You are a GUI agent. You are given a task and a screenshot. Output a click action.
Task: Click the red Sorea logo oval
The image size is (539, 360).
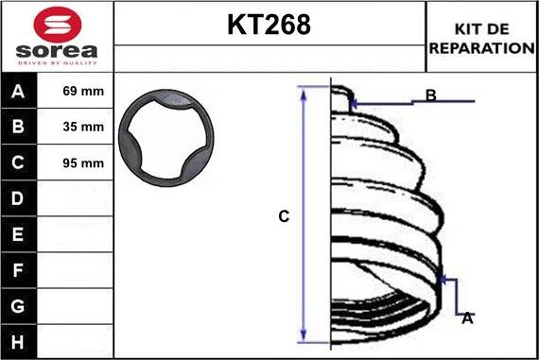(58, 25)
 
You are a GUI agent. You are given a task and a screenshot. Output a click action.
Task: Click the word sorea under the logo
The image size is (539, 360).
(57, 51)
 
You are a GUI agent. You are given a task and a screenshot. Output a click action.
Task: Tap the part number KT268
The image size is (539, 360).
(269, 25)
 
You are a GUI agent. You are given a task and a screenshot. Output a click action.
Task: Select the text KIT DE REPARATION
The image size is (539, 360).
(482, 39)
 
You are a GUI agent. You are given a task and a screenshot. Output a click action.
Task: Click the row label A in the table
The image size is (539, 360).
(18, 92)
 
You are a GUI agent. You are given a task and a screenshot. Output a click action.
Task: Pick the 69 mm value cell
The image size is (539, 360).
(83, 91)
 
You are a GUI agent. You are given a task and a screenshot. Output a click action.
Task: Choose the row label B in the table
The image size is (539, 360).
(18, 127)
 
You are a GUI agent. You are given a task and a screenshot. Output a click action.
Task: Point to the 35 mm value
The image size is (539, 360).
(83, 127)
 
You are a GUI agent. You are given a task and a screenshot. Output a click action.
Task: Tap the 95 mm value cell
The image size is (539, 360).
(83, 163)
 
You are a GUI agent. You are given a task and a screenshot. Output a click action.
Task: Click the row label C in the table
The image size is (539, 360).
(18, 163)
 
